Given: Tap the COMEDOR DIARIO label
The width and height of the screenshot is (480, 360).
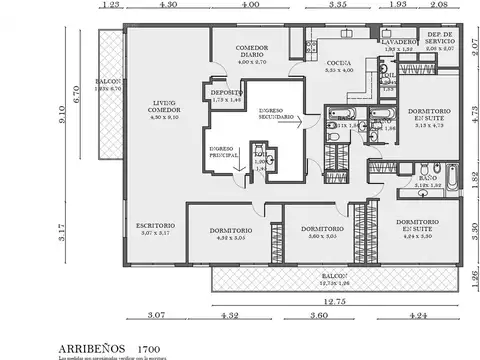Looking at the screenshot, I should (x=244, y=51).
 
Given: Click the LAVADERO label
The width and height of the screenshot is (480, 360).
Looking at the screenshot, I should (x=398, y=43).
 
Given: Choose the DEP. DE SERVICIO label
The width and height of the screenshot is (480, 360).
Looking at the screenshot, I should (x=443, y=39).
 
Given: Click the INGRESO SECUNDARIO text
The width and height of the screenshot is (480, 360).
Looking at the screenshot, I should (x=276, y=114).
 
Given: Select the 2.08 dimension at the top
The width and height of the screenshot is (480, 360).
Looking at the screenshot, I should (x=439, y=6).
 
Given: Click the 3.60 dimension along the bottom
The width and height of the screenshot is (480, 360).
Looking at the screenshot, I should (x=319, y=316).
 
